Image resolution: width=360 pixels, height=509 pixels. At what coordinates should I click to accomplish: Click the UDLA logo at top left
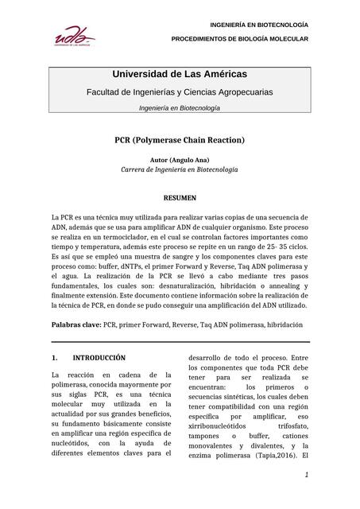click(x=73, y=35)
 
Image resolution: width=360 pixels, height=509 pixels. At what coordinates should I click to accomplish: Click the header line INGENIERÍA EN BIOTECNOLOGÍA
click(x=259, y=25)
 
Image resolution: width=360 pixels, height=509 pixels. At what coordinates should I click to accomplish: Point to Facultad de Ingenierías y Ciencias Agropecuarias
click(x=180, y=92)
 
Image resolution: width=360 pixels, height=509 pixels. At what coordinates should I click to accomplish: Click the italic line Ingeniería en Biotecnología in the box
click(x=180, y=108)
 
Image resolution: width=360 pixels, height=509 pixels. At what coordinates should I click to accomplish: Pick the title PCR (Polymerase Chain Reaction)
click(x=180, y=140)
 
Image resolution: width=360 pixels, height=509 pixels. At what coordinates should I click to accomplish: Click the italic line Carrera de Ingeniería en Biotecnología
click(x=180, y=169)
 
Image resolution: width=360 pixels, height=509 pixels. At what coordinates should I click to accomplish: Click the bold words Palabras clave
click(x=76, y=324)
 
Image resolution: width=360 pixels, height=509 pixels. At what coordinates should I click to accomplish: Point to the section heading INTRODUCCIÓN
click(x=99, y=358)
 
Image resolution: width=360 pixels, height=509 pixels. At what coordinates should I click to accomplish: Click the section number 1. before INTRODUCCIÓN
click(x=55, y=358)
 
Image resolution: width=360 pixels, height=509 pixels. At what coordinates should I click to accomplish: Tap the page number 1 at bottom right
click(x=306, y=475)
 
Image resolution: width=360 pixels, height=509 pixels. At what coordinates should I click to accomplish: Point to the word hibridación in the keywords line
click(x=284, y=324)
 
